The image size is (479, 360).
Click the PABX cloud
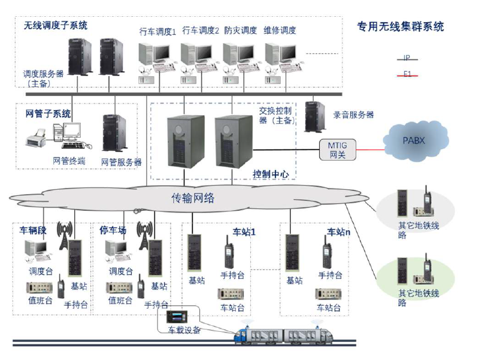416,141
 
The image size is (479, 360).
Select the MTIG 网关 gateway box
338,150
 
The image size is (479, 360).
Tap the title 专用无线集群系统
400,26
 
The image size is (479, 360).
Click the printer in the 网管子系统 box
35,138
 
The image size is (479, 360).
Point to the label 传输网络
193,198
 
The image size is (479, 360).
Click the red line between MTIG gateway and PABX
369,150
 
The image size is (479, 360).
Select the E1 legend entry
407,74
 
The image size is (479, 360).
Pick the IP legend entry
407,58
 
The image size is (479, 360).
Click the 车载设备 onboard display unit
177,316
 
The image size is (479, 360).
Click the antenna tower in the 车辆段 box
64,235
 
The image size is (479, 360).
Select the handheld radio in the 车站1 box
229,252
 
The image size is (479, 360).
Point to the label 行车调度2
201,31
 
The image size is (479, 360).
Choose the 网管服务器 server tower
114,133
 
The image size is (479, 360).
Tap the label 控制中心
271,174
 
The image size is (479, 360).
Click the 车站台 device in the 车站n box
328,294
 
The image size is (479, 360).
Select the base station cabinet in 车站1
194,253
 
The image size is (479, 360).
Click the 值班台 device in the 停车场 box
119,288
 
